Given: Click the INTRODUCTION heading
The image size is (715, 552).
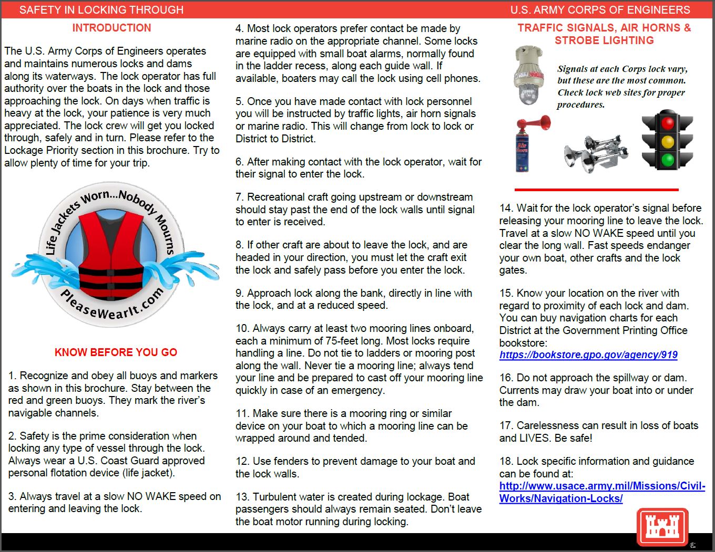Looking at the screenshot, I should [111, 28].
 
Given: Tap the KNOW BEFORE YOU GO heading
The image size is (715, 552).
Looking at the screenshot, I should [116, 352].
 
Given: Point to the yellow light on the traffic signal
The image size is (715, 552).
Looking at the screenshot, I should [668, 142].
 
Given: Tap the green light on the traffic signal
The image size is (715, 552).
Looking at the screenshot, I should [668, 160].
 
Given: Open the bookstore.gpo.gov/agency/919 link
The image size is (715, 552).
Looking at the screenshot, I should [588, 355].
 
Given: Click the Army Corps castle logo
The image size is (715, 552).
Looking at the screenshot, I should [662, 527].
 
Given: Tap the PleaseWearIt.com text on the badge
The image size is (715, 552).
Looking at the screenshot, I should [112, 304].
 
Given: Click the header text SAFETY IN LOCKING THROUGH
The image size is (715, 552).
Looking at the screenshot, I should [101, 10].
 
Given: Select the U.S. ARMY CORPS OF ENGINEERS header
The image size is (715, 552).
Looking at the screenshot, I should [600, 10].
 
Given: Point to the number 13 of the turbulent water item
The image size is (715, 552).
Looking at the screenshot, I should [241, 497].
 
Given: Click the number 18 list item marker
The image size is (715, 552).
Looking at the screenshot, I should [505, 462].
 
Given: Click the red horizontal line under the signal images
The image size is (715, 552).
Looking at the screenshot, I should [596, 190].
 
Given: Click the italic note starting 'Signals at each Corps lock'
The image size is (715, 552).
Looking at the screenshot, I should [622, 87].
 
